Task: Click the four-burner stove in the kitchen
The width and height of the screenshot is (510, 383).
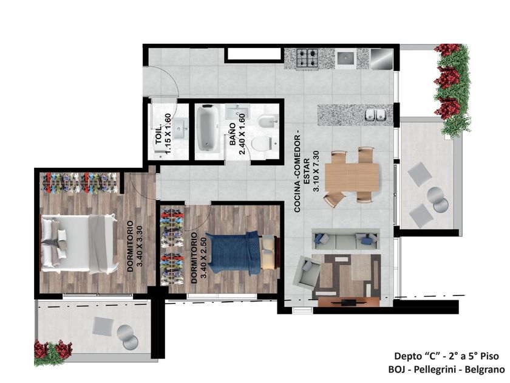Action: [x=307, y=58]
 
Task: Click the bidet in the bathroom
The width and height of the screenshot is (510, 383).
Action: [x=268, y=121]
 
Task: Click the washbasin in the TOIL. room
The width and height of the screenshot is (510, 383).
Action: [x=180, y=129]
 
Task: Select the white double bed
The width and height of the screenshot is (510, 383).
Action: [x=79, y=243]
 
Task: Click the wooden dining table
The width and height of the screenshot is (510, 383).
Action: [x=352, y=177]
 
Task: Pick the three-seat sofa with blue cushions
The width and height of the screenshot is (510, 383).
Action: [x=345, y=240]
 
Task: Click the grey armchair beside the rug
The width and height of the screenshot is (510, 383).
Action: [x=307, y=272]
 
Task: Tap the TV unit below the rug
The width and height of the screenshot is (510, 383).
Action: [x=348, y=302]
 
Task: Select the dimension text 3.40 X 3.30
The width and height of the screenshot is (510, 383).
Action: [x=140, y=246]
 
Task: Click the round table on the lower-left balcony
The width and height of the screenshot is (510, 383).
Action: [x=127, y=337]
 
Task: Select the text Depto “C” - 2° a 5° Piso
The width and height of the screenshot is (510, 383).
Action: [x=446, y=356]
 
